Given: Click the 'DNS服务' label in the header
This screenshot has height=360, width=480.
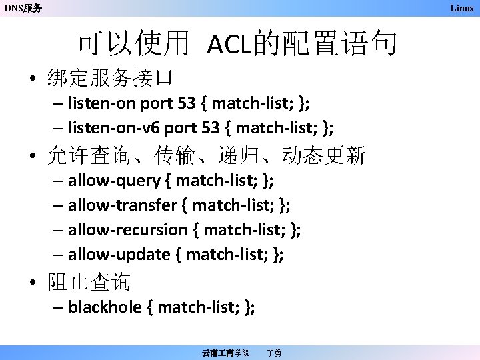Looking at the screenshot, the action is point(23,9).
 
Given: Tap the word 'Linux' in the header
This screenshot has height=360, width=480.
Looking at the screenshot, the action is point(461,8).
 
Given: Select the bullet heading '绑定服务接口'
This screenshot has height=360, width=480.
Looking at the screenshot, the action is point(110,79).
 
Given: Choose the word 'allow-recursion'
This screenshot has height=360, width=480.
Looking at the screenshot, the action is point(128,229).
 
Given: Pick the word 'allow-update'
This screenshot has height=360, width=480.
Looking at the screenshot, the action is point(119,254).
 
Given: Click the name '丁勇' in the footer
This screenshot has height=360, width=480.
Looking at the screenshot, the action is point(273,352).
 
